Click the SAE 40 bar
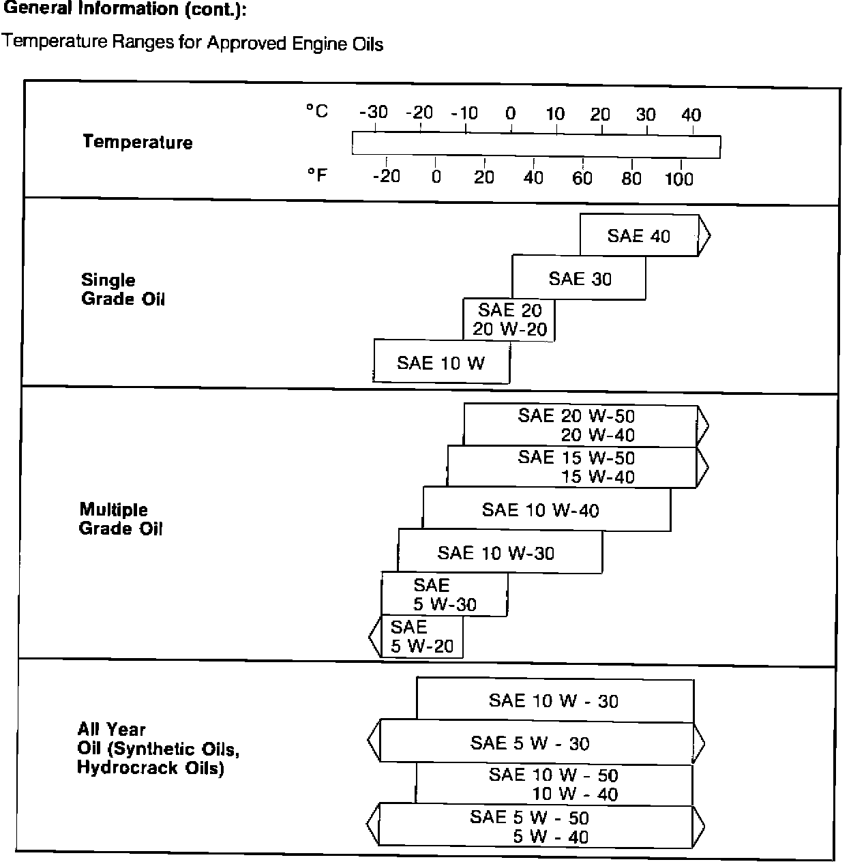coord(639,236)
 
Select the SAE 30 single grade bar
coord(579,278)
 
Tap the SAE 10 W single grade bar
coord(441,362)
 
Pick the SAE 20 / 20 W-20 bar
coord(509,320)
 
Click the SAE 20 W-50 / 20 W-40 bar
coord(580,426)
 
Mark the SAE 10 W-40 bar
coord(546,509)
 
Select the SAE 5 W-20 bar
coord(421,637)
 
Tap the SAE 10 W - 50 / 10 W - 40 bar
coord(554,784)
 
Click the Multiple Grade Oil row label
coord(121,519)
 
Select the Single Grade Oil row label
coord(123,289)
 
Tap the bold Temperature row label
coord(138,142)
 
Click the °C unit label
coord(317,110)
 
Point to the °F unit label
coord(317,175)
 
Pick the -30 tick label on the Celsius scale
coord(374,113)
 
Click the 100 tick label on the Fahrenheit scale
coord(678,179)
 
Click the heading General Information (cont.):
coord(125,10)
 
